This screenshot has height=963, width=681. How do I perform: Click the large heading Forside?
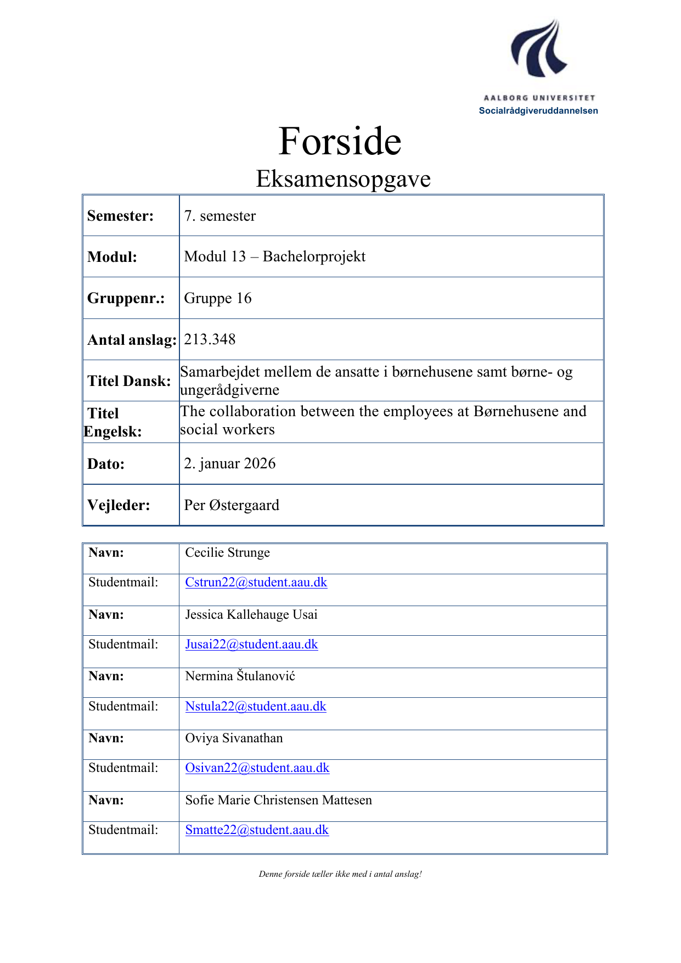[340, 142]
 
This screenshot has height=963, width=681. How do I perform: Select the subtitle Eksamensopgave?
[343, 179]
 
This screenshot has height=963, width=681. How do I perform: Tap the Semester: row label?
[120, 216]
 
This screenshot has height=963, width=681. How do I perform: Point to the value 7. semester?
[220, 216]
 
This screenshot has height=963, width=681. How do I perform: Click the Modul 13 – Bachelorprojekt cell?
[274, 256]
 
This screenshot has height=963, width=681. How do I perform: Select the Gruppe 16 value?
[217, 298]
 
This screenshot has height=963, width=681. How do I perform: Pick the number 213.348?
[210, 339]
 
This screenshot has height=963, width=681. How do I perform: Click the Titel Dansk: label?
[129, 381]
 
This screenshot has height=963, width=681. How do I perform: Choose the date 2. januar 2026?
[229, 463]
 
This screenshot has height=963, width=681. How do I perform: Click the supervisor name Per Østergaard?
[231, 505]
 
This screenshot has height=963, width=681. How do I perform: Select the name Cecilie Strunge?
[227, 552]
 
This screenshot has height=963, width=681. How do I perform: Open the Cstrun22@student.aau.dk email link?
[256, 583]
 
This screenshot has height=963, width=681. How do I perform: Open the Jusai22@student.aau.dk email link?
[251, 645]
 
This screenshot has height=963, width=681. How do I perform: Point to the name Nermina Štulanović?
[240, 676]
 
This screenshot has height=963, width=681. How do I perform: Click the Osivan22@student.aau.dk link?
[257, 768]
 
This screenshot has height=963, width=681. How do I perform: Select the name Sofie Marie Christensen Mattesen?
[278, 800]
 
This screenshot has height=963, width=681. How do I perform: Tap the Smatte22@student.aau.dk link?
[257, 830]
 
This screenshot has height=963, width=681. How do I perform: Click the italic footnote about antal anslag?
[340, 874]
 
